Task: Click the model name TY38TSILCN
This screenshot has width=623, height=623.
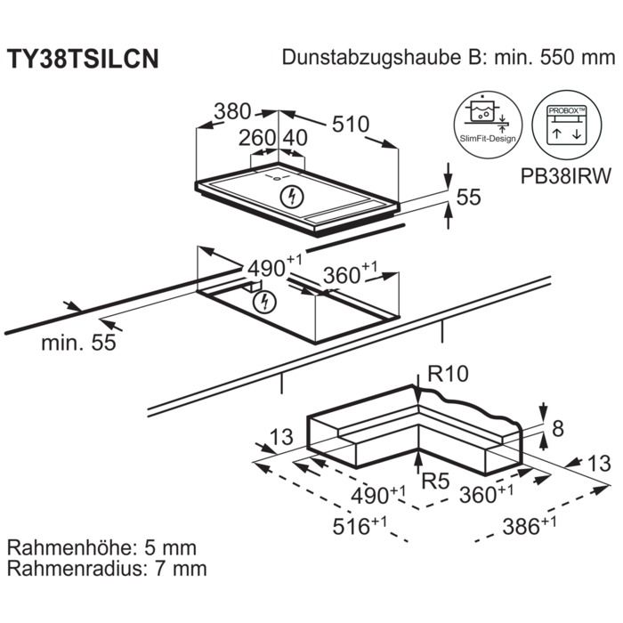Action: (84, 59)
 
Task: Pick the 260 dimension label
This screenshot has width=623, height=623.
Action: (257, 139)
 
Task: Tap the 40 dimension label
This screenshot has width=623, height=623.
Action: (295, 139)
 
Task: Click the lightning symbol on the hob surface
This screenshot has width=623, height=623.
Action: (290, 194)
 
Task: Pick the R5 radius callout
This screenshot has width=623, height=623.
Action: (436, 482)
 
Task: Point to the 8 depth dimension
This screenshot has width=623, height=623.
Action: (558, 429)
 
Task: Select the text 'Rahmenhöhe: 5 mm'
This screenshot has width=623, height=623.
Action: (102, 547)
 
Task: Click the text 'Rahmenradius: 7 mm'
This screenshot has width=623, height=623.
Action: (107, 568)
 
